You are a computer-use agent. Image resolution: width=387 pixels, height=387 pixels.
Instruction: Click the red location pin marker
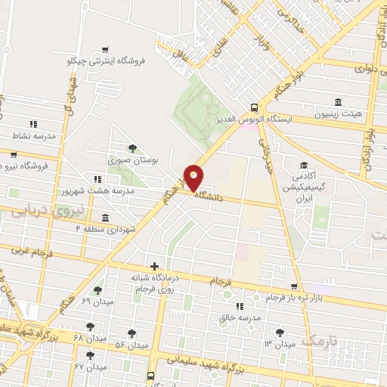click(x=194, y=178)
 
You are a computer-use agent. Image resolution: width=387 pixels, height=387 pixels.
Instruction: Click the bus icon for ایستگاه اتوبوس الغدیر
click(x=254, y=107)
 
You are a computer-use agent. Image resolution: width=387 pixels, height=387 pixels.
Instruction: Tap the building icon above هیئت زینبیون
click(x=337, y=101)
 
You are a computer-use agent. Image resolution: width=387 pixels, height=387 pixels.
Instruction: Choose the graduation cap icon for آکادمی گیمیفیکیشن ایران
click(x=304, y=165)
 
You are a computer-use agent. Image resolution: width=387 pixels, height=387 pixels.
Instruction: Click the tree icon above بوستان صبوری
click(x=133, y=148)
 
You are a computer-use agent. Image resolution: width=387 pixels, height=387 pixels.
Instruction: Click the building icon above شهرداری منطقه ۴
click(x=105, y=218)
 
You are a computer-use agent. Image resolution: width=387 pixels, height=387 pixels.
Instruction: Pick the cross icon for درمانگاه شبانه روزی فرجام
click(x=154, y=266)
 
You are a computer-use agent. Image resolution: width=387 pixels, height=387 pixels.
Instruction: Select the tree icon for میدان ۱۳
click(x=280, y=332)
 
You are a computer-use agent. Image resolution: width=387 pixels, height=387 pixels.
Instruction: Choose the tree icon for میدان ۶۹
click(x=98, y=289)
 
